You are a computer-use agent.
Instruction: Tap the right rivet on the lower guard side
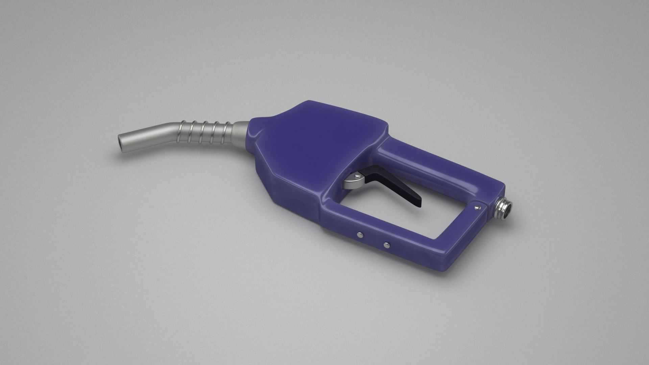point(386,244)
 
